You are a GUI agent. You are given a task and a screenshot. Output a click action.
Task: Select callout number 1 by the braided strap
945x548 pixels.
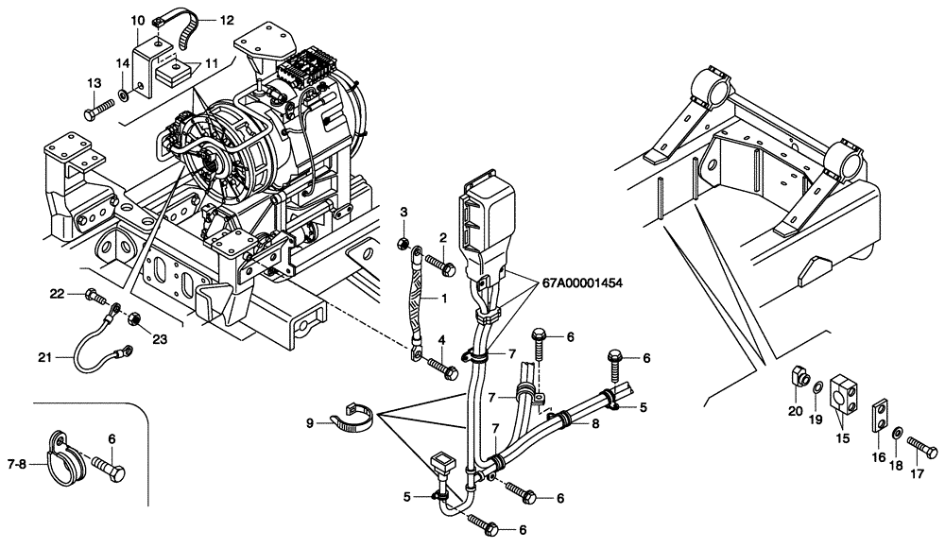[441, 297]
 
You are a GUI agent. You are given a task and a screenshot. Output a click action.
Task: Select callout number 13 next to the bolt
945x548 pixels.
[94, 84]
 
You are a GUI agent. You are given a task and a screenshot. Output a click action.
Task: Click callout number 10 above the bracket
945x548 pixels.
[137, 20]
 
